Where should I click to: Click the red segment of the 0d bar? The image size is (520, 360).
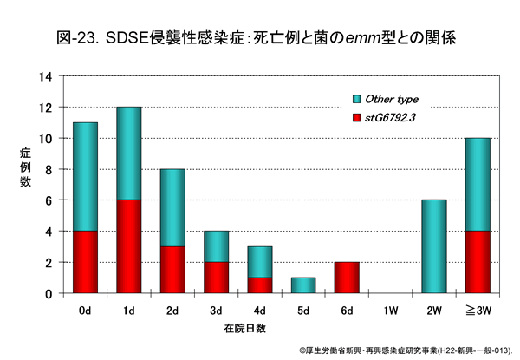coord(85,262)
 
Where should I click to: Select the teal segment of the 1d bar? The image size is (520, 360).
coord(129,154)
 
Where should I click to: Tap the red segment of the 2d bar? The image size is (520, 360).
coord(173,270)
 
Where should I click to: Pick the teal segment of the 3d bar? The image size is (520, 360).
coord(218,246)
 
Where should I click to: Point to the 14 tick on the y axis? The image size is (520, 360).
coord(52,76)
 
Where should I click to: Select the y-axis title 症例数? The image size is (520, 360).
coord(25,169)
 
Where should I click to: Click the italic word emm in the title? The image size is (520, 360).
coord(363,38)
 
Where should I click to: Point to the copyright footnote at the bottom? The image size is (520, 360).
coord(407,350)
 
